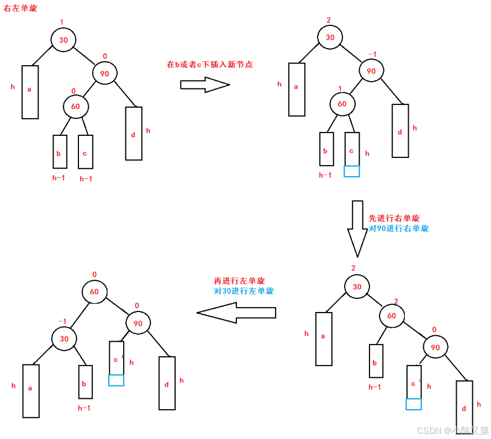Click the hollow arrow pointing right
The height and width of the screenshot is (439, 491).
pyautogui.click(x=205, y=85)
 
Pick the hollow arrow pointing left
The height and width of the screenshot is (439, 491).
pyautogui.click(x=236, y=313)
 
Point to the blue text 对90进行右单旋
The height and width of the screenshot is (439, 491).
pyautogui.click(x=398, y=228)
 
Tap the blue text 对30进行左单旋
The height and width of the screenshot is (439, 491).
pyautogui.click(x=244, y=291)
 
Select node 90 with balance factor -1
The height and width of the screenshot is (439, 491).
pyautogui.click(x=371, y=71)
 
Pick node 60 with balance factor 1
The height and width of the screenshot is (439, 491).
pyautogui.click(x=342, y=104)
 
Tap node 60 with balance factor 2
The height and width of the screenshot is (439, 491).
pyautogui.click(x=391, y=316)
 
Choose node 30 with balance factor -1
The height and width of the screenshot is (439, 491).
pyautogui.click(x=65, y=339)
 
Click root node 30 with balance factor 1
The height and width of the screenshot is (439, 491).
pyautogui.click(x=63, y=40)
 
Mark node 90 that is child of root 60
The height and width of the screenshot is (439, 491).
pyautogui.click(x=139, y=323)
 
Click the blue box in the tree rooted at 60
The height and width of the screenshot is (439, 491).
pyautogui.click(x=116, y=380)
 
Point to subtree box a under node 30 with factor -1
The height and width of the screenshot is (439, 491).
pyautogui.click(x=30, y=390)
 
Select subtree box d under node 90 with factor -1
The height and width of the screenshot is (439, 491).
pyautogui.click(x=400, y=130)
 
